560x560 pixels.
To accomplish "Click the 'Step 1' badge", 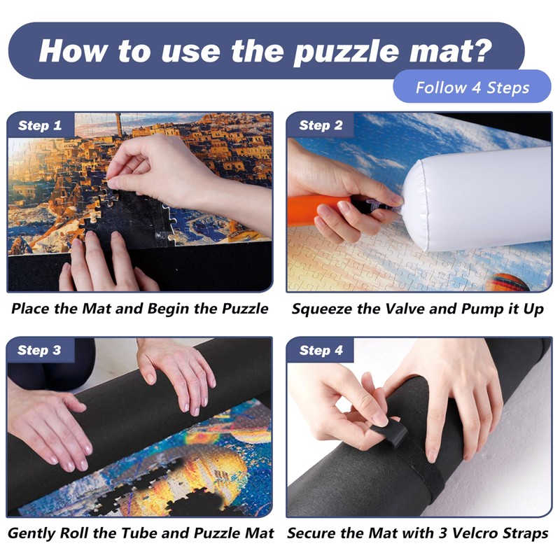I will point(40,126).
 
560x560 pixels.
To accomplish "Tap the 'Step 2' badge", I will point(321,126).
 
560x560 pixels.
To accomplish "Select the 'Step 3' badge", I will point(40,351).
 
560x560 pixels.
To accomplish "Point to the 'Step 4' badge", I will point(321,351).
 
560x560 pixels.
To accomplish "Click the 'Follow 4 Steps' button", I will point(472,88).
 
